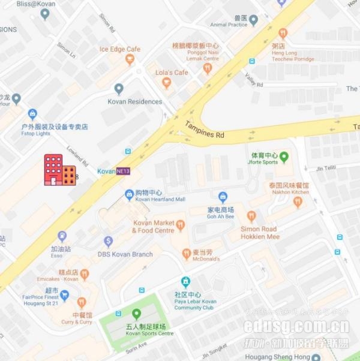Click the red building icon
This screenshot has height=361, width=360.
[x=59, y=170]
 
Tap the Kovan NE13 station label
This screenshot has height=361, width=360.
[x=114, y=172]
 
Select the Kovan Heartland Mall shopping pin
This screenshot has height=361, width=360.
[x=129, y=194]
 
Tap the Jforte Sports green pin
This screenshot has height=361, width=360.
[x=284, y=157]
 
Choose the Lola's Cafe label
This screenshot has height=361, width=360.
[x=172, y=73]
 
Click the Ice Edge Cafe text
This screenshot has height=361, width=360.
[x=120, y=49]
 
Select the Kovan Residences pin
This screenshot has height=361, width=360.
[x=119, y=89]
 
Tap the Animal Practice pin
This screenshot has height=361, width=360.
[x=253, y=20]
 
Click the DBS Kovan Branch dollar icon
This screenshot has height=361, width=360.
[x=109, y=242]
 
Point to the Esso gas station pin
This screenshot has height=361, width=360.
[x=62, y=236]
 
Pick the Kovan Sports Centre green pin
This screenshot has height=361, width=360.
[x=136, y=313]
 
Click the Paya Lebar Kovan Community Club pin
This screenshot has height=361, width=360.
[x=185, y=282]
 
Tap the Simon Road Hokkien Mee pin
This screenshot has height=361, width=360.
[x=251, y=216]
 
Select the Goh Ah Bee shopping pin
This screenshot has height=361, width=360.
[x=223, y=197]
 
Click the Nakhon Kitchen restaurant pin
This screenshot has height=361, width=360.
[x=298, y=202]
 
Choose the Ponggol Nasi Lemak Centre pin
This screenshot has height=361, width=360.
[x=207, y=68]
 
